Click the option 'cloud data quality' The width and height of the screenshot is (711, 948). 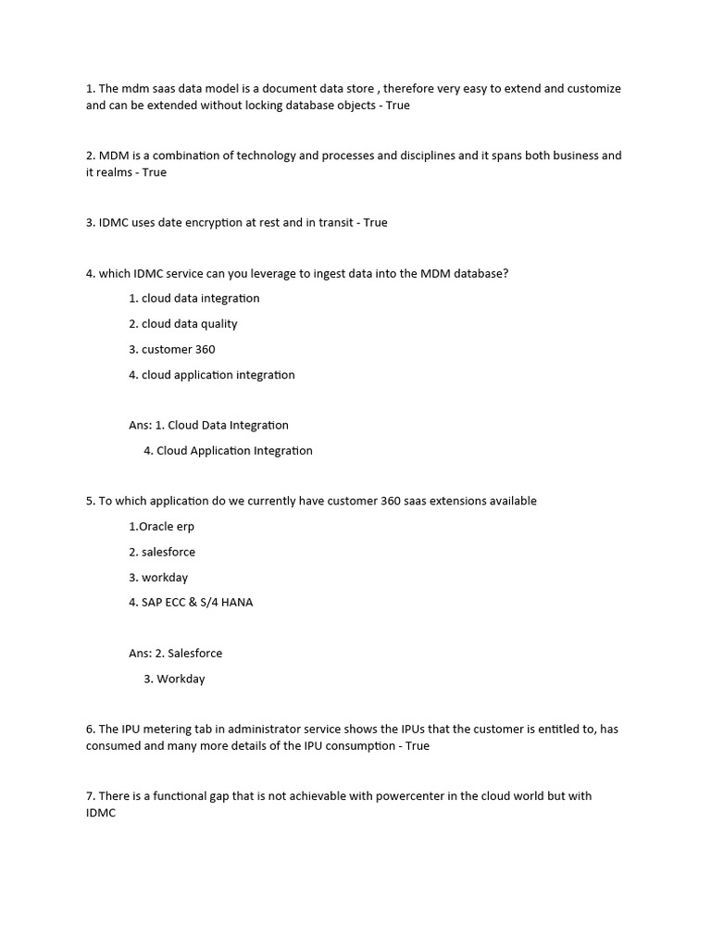189,324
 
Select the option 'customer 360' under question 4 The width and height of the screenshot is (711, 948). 179,349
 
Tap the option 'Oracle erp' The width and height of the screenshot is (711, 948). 162,527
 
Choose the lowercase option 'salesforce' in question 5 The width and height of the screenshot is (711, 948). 168,552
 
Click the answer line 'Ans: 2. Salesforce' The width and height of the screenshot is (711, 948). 176,654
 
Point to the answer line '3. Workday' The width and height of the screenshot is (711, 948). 175,679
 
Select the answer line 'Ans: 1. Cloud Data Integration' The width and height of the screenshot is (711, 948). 209,426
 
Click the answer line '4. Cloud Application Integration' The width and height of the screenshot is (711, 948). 229,451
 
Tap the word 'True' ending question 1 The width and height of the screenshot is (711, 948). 397,106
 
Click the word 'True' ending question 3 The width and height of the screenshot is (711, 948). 375,223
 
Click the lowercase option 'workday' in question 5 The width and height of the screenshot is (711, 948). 165,578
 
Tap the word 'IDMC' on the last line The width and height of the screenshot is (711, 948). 101,813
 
